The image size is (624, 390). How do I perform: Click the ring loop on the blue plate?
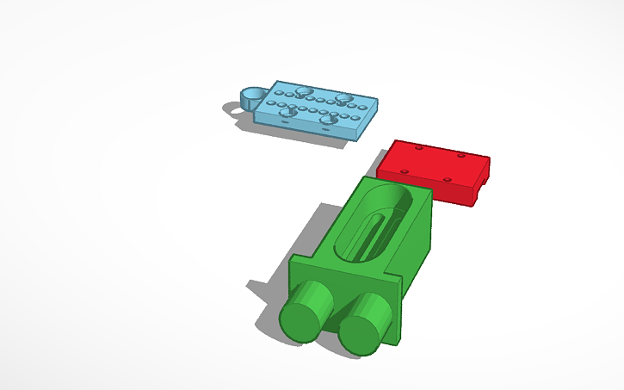coord(252,95)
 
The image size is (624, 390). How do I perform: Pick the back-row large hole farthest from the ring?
coord(344,98)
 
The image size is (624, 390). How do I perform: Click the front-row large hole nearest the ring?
coord(288,111)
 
